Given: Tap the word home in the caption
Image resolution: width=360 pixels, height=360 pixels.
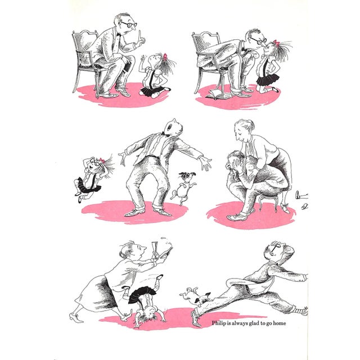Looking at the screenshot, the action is [x=280, y=323].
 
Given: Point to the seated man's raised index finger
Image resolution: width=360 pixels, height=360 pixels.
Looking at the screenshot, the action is [x=139, y=35].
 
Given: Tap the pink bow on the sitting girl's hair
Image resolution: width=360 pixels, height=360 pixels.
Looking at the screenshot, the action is [x=165, y=56].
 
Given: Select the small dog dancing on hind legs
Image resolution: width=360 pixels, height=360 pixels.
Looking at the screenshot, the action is [x=184, y=187].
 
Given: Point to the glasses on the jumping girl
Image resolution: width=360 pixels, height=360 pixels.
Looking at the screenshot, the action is [x=94, y=162].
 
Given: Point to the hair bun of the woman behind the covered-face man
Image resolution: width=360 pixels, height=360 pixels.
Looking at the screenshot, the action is [x=251, y=124].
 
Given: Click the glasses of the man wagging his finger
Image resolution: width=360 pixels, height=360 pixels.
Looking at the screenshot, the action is [x=129, y=24].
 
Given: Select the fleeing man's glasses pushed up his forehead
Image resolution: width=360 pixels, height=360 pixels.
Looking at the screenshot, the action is [x=276, y=246].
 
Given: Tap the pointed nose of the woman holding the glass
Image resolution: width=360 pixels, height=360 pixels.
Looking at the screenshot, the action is [x=144, y=248].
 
